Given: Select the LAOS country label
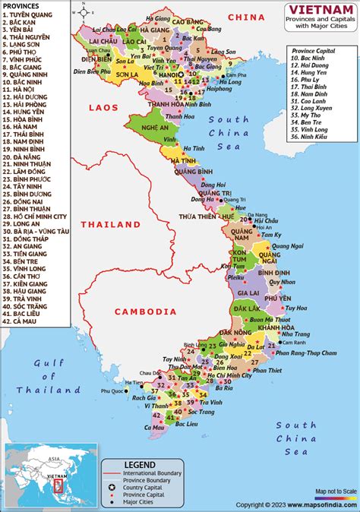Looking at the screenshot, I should click(104, 108).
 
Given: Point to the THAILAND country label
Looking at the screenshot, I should click(111, 224).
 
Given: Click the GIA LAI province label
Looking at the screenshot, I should click(248, 292).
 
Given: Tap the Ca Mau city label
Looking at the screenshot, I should click(156, 427).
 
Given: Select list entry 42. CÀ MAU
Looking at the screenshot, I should click(26, 322).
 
